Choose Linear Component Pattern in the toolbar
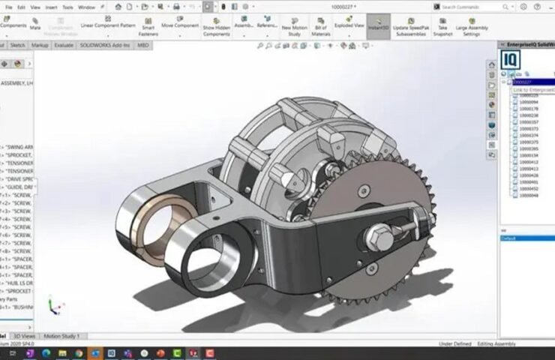click(108, 25)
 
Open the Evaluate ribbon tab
click(64, 45)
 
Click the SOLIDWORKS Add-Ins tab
click(101, 45)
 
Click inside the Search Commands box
click(472, 7)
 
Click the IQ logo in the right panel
click(511, 60)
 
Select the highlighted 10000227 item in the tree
click(522, 82)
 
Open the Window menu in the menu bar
click(86, 7)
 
